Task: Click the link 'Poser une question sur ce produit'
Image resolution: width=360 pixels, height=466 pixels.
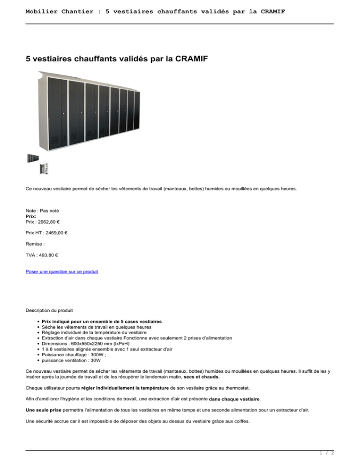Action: tap(62, 271)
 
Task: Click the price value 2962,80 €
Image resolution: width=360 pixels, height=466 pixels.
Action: tap(49, 223)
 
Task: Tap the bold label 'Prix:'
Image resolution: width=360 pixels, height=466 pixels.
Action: tap(31, 217)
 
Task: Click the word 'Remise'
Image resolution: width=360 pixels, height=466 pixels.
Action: tap(34, 244)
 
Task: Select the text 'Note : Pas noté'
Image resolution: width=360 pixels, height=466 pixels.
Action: tap(42, 211)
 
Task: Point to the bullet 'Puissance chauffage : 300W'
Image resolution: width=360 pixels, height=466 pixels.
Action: tap(79, 355)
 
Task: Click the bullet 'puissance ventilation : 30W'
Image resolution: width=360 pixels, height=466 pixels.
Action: tap(77, 361)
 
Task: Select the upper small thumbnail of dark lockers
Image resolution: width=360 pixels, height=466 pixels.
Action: tap(33, 158)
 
